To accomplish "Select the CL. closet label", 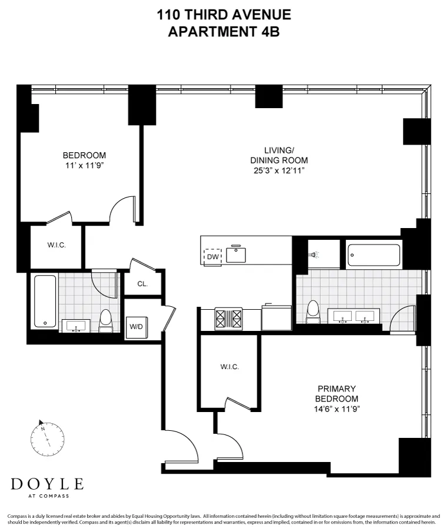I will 142,284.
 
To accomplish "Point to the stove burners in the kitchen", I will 229,319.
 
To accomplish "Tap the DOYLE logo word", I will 47,484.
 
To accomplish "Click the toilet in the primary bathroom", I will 314,312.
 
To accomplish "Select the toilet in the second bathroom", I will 106,320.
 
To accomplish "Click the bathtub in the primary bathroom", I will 374,255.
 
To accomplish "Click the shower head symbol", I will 314,255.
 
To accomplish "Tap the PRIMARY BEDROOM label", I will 337,393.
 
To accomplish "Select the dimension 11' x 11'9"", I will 84,165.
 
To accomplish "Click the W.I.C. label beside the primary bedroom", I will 229,367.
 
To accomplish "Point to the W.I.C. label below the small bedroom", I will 56,245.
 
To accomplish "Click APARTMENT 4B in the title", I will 224,31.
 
